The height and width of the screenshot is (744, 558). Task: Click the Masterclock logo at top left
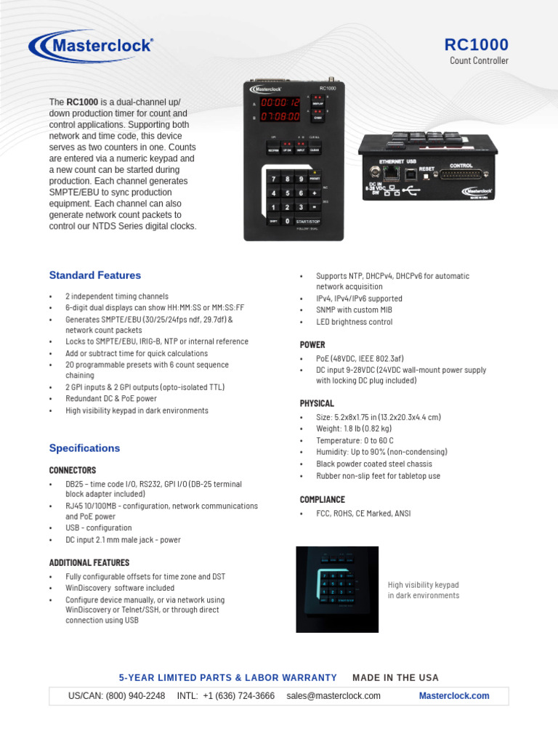click(91, 46)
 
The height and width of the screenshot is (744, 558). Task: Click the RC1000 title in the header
click(476, 44)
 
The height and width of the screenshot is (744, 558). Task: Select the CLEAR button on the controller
click(315, 150)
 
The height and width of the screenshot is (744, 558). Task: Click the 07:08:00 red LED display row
click(280, 116)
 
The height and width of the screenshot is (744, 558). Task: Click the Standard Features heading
click(94, 275)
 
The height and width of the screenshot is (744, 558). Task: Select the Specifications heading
click(84, 448)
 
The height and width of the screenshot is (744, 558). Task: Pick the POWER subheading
click(312, 344)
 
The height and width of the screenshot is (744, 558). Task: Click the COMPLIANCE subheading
click(322, 499)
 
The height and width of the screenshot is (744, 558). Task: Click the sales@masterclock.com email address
click(333, 695)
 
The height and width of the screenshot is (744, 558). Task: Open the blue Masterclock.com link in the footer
click(454, 695)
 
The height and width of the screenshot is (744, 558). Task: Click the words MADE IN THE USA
click(395, 677)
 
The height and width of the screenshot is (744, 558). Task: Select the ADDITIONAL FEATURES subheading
click(89, 562)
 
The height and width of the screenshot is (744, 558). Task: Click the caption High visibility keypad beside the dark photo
click(424, 585)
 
